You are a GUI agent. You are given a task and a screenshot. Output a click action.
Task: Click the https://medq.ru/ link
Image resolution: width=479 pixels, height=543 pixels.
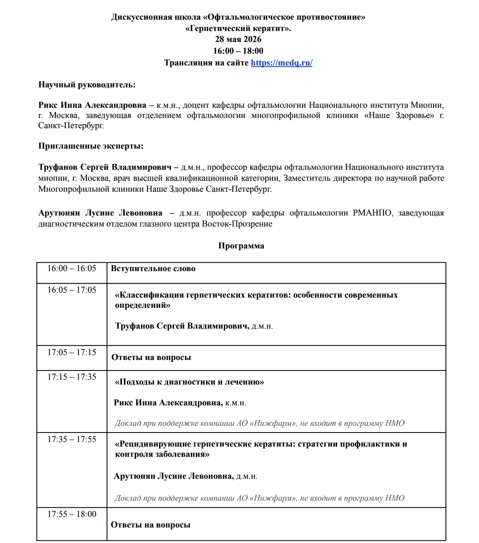tap(281, 63)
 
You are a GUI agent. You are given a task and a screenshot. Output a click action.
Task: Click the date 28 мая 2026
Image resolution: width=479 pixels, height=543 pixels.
tap(238, 39)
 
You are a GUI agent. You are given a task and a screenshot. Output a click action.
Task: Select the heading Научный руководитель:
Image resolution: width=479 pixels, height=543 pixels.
tap(87, 85)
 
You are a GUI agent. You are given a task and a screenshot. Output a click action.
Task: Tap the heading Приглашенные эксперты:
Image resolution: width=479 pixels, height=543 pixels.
tap(91, 146)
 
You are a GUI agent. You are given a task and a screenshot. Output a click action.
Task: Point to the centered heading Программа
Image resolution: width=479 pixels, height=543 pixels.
tap(241, 246)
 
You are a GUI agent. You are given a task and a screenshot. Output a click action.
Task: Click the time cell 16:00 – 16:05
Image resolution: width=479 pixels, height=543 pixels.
tap(72, 268)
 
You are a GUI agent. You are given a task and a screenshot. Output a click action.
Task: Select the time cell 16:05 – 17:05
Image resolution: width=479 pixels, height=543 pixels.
tap(72, 290)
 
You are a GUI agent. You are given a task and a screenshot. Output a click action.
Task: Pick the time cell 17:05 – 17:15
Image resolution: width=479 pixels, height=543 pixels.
tap(72, 352)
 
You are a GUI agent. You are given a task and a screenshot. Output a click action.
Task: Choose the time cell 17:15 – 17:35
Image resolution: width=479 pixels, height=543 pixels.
tap(72, 377)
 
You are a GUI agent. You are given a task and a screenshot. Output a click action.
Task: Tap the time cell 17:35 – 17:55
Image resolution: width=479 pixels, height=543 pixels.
tap(72, 439)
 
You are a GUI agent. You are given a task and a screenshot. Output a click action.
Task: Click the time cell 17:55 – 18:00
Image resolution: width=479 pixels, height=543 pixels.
tap(72, 514)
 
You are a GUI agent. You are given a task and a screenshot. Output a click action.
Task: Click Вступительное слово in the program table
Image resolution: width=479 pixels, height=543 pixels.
tap(153, 269)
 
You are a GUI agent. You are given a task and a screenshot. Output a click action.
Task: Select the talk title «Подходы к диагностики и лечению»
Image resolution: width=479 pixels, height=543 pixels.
tap(190, 382)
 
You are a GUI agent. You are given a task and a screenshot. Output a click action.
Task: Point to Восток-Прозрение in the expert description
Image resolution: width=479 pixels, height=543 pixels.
tap(237, 224)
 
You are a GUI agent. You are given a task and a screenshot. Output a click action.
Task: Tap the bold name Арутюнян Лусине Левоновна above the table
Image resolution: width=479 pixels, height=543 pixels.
tap(100, 213)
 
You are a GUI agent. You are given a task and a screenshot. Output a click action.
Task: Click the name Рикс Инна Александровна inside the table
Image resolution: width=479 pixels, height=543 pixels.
tap(168, 403)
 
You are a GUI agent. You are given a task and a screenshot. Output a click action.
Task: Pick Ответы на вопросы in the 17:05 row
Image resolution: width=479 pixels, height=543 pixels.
tap(151, 357)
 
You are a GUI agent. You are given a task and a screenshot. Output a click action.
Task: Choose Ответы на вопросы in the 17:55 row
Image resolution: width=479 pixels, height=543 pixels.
tap(151, 525)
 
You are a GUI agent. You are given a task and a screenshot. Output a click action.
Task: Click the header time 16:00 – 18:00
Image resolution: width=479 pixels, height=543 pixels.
tap(238, 51)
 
